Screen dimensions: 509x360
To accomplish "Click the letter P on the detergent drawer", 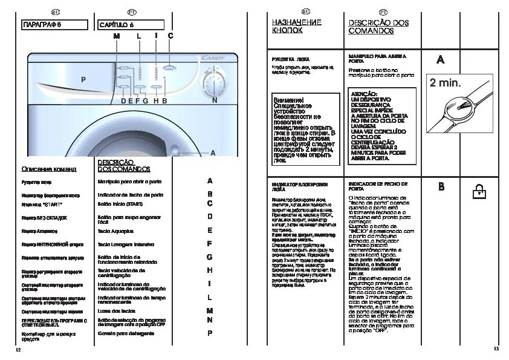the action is (x=83, y=79).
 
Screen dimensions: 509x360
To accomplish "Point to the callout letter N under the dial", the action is (x=215, y=101).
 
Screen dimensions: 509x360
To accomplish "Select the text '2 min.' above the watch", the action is (x=445, y=82).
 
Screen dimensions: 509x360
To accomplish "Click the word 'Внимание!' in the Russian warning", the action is (x=288, y=99).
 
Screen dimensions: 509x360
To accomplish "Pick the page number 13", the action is (x=496, y=349).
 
